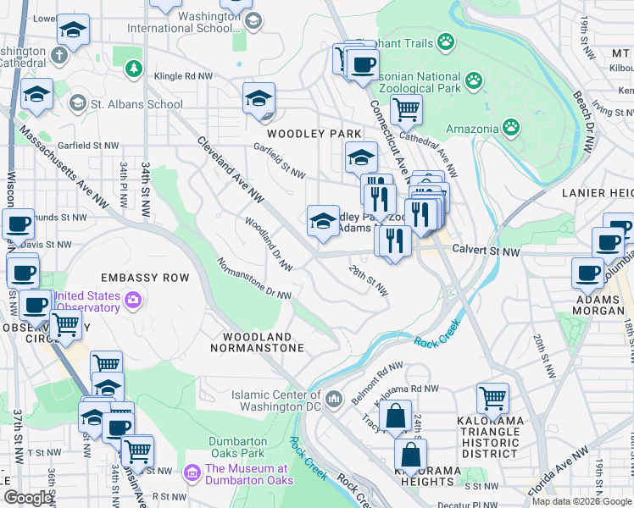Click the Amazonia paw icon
point(511,128)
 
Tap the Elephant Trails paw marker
point(446,42)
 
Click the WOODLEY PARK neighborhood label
point(314,134)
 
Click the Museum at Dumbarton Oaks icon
point(192,470)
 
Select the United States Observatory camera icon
point(132,300)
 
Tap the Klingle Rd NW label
point(183,75)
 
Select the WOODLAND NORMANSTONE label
point(258,342)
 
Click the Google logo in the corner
point(28,498)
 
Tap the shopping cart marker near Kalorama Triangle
point(492,396)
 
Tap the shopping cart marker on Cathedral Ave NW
point(406,108)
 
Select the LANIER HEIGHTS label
point(598,193)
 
